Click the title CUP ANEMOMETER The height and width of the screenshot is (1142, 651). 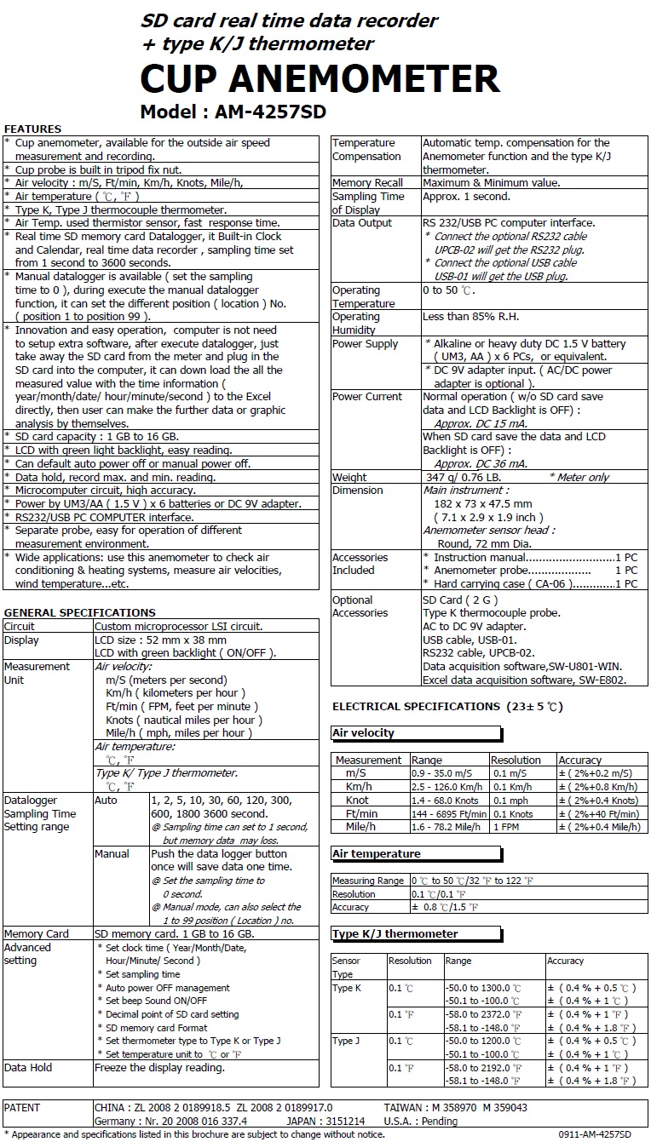tap(320, 79)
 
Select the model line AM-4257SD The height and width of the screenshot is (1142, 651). tap(233, 112)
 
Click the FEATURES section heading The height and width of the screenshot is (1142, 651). tap(32, 129)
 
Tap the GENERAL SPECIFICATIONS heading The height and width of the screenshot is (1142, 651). tap(79, 612)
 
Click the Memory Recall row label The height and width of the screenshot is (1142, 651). tap(367, 183)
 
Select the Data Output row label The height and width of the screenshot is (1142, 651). tap(362, 223)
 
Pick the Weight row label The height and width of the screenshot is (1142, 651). tap(349, 477)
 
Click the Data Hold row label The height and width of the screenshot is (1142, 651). tap(28, 1067)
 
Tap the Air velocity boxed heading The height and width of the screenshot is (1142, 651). tap(363, 733)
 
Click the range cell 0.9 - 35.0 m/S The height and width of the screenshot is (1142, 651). tap(443, 773)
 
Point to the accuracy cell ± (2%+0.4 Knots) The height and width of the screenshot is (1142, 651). tap(598, 801)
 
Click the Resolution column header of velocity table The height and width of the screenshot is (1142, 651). tap(516, 760)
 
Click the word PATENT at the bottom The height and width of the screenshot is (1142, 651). tap(22, 1107)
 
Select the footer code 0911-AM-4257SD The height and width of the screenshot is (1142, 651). tap(595, 1134)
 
